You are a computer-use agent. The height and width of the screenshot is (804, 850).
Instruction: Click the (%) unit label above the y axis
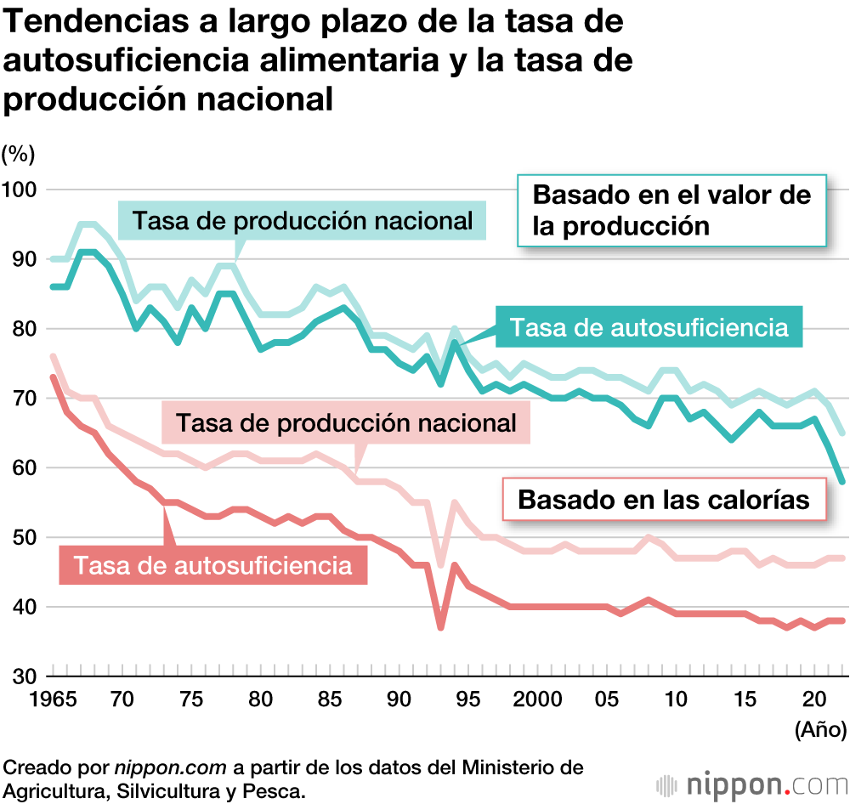coord(18,154)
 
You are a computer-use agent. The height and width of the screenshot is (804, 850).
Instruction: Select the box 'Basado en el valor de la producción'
coord(671,211)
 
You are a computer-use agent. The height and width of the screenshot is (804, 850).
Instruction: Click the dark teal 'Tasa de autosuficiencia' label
coord(649,326)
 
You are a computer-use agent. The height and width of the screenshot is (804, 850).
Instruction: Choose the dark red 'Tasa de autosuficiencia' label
coord(212,564)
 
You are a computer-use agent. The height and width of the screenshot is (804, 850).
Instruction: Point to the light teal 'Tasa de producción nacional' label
coord(303,221)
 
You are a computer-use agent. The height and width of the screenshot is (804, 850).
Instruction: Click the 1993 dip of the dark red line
coord(440,627)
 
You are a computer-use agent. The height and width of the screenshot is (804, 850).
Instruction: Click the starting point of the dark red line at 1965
coord(53,377)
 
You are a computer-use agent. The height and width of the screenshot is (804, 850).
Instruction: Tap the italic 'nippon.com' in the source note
coord(171,767)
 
